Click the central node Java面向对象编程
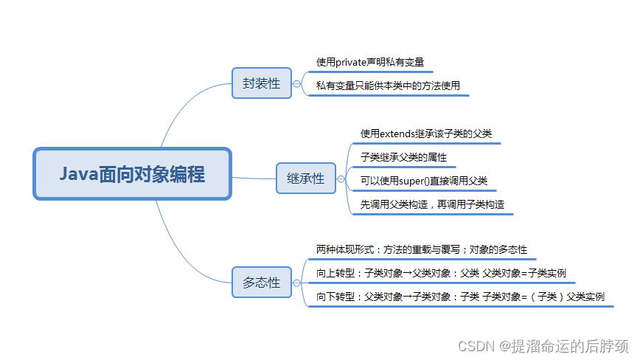pos(132,174)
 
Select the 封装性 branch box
pos(261,83)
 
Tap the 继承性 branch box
pos(305,179)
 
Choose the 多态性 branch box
pos(261,282)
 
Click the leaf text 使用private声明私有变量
pos(369,62)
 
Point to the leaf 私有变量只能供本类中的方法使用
pos(388,86)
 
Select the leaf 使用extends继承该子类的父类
pos(425,134)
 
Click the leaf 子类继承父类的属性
pos(403,157)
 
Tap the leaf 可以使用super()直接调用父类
pos(423,181)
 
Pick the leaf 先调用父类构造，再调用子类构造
pos(432,204)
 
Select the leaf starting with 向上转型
pos(441,273)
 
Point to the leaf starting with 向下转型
pos(460,297)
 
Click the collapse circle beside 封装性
pos(296,84)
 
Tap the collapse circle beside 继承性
pos(340,179)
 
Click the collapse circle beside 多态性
pos(296,282)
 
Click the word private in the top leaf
pos(358,62)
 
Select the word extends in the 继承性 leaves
pos(398,134)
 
